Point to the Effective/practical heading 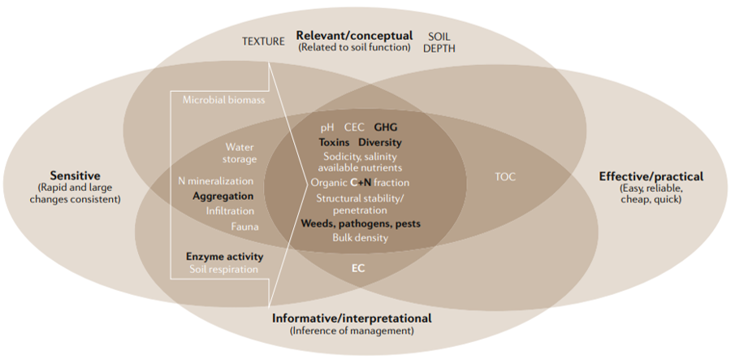tap(651, 176)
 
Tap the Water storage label tap(240, 153)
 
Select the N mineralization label tap(216, 181)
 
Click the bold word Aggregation tap(223, 197)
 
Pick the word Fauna tap(244, 227)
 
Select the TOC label tap(505, 176)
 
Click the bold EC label tap(358, 267)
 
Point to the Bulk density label tap(360, 238)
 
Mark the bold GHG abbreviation tap(386, 128)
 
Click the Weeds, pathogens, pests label tap(361, 223)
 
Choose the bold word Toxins tap(334, 141)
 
